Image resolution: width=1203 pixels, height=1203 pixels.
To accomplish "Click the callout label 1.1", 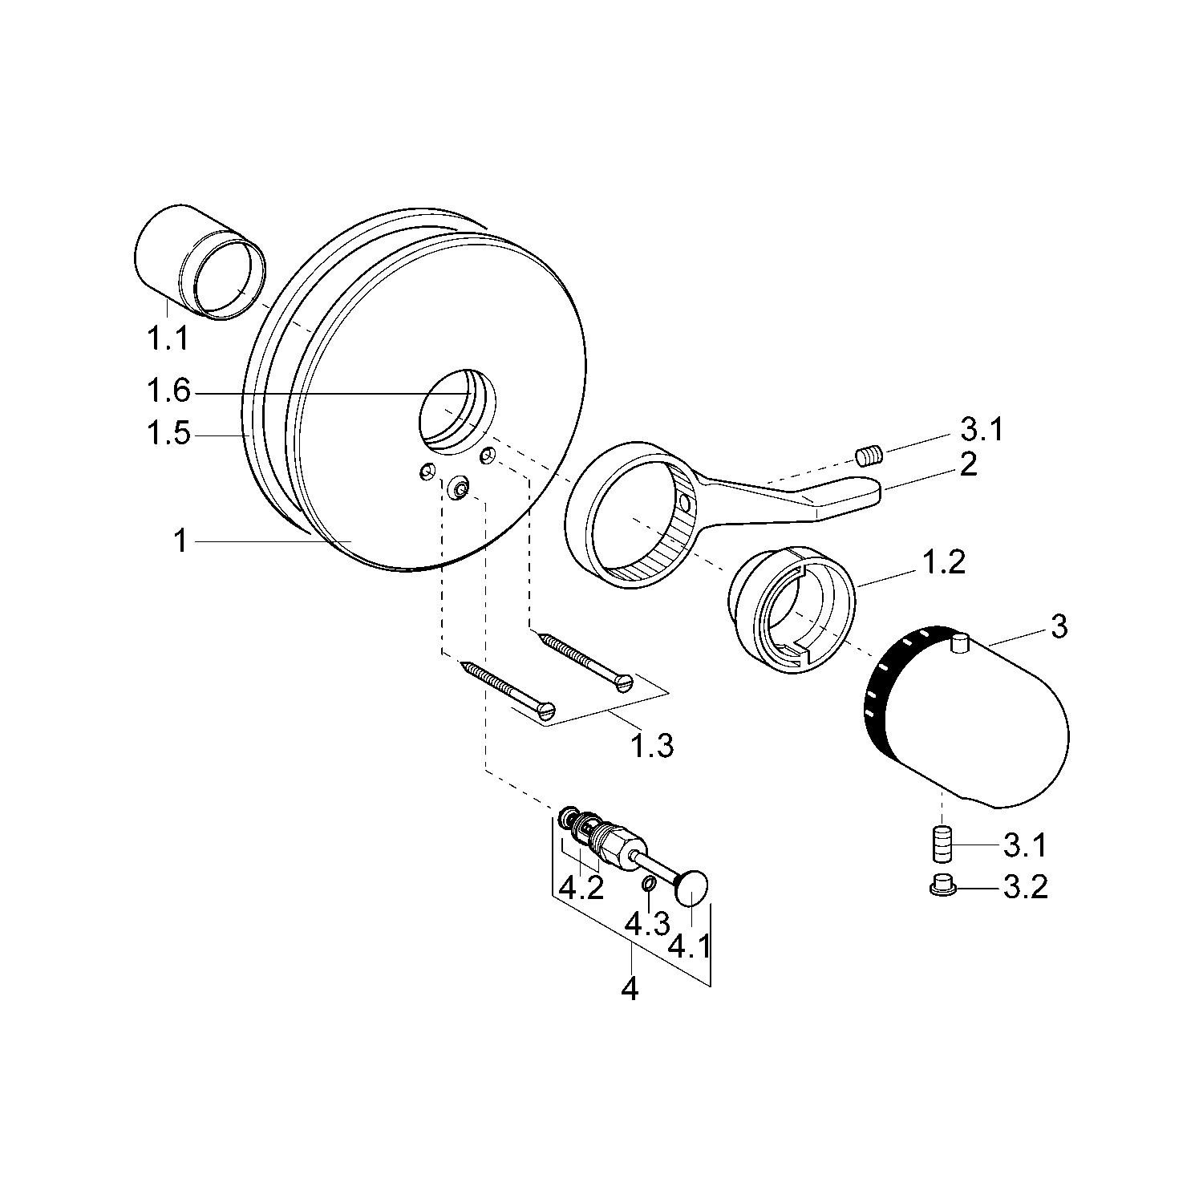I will [168, 338].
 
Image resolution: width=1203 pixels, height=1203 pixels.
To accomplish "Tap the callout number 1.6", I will [168, 392].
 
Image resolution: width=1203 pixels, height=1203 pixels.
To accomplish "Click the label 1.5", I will [168, 434].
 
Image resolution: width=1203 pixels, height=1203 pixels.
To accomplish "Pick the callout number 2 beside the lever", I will [969, 464].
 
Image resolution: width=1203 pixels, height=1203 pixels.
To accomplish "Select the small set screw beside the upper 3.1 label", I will [868, 456].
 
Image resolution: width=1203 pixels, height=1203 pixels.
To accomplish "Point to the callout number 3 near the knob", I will [1059, 626].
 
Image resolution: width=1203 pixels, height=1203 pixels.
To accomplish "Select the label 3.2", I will [1025, 888].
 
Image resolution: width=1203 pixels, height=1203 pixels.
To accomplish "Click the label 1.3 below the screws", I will [651, 746].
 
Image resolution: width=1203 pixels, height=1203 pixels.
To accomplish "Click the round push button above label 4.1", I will [693, 888].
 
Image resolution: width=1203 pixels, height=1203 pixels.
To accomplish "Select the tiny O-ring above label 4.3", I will [647, 884].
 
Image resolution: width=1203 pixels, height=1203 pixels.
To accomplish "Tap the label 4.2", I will [581, 889].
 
